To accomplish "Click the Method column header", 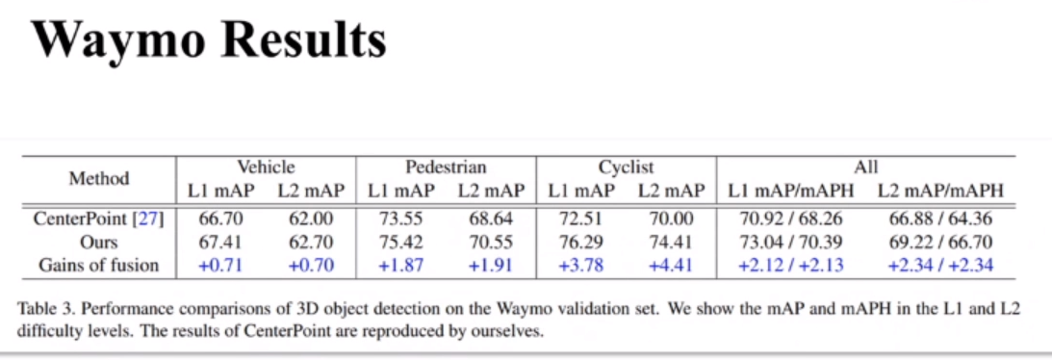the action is click(x=99, y=178).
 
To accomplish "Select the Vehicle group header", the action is click(x=266, y=167).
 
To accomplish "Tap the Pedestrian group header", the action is click(x=446, y=167).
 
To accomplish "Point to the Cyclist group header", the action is click(x=626, y=167).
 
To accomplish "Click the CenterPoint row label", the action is click(x=98, y=219).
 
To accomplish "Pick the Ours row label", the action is click(x=99, y=242).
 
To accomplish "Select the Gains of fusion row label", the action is click(x=99, y=265).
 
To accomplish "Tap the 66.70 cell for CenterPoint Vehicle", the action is click(x=220, y=219).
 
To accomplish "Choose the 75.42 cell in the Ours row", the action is click(x=400, y=242).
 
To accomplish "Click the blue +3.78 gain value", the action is click(x=581, y=265).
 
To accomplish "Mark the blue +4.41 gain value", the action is click(x=671, y=265).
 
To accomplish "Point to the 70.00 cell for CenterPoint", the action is click(x=671, y=219).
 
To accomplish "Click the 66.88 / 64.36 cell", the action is click(x=940, y=219).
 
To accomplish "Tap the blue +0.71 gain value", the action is click(x=220, y=265).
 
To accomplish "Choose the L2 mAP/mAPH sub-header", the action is click(x=940, y=191).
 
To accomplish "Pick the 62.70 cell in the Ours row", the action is click(x=311, y=242).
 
